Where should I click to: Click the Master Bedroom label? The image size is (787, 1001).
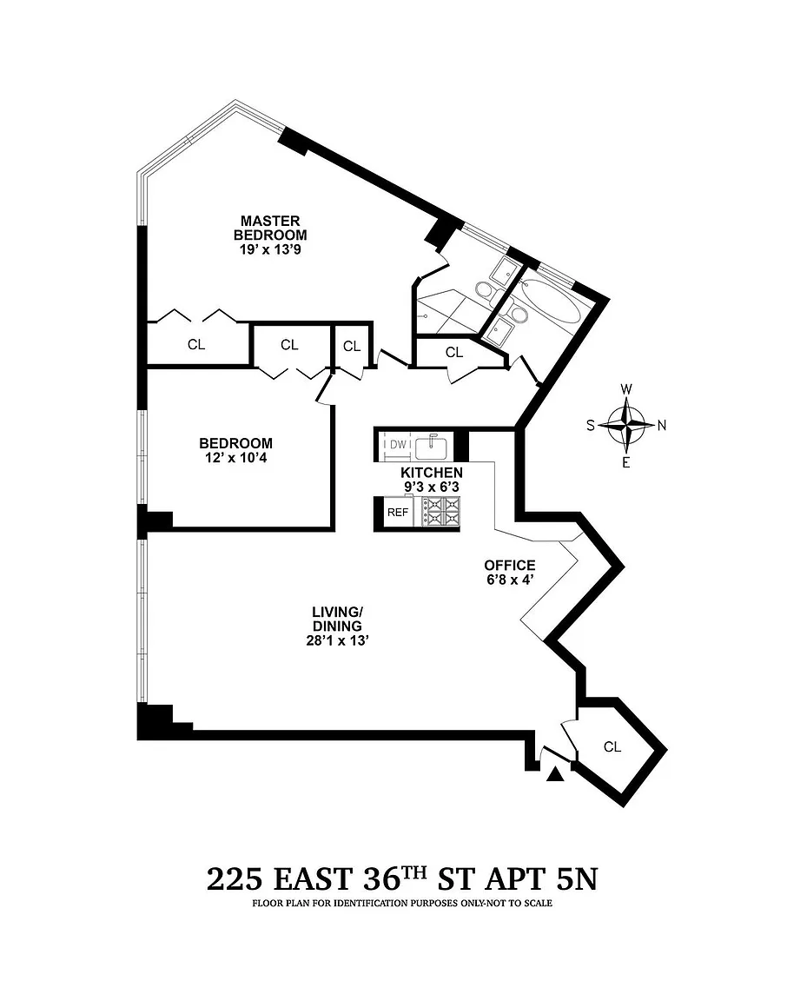point(270,228)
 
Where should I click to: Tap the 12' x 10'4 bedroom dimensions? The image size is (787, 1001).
point(235,458)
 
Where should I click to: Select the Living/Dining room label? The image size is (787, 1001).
point(337,619)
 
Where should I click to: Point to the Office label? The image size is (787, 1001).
point(509,565)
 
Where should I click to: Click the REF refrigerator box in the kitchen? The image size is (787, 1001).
point(398,512)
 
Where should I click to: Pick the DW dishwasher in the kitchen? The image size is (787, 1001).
point(397,444)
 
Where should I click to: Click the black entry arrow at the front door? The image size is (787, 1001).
point(556,773)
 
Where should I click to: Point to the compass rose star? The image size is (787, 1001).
point(627,425)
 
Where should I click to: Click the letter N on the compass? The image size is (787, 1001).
point(662,425)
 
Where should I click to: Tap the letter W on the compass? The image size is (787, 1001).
point(627,388)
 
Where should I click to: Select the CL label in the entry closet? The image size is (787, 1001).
point(612,746)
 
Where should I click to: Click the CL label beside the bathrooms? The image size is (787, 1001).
point(453,352)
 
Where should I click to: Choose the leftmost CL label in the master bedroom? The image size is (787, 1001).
point(196,344)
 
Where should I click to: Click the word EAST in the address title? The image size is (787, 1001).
point(313,879)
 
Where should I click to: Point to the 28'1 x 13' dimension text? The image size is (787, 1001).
point(338,640)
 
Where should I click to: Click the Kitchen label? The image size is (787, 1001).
point(432,473)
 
